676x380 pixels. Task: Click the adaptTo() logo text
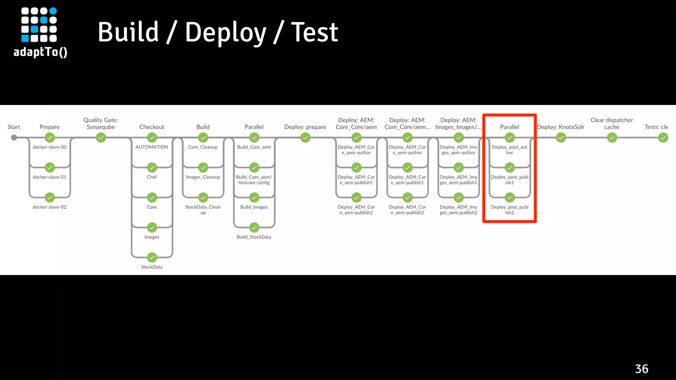point(40,52)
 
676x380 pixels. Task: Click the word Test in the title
point(314,32)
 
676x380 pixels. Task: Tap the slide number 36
point(641,369)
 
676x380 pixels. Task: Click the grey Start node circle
point(14,138)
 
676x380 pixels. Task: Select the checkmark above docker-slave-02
point(50,198)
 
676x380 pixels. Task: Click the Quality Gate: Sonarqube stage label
point(101,123)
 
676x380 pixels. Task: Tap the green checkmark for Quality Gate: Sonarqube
point(101,138)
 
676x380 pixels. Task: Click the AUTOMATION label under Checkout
point(152,147)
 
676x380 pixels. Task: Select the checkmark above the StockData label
point(152,257)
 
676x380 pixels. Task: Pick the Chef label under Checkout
point(152,177)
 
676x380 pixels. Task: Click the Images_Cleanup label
point(203,177)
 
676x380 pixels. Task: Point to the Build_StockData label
point(254,237)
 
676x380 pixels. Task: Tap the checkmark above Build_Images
point(254,198)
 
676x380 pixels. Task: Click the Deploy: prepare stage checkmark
point(305,138)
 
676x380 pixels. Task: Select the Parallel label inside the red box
point(509,127)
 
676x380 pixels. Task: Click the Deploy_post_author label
point(509,150)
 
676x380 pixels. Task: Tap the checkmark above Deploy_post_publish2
point(510,198)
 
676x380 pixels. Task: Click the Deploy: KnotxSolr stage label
point(560,127)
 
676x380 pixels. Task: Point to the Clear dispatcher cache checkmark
point(612,138)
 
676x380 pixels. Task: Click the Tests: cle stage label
point(656,127)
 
